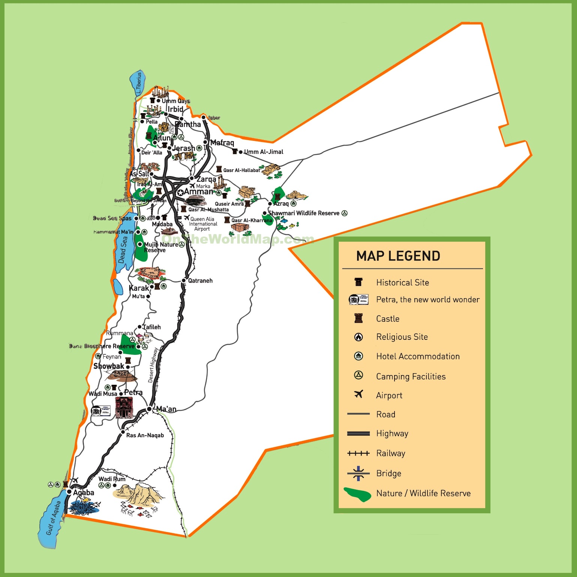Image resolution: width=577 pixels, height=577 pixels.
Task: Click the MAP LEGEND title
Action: click(398, 256)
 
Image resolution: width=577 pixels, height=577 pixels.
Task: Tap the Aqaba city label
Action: click(84, 493)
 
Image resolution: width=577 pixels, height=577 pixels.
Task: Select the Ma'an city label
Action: click(166, 409)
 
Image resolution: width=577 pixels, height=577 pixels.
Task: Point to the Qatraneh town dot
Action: click(184, 281)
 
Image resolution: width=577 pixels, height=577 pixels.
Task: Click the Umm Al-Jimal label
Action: click(264, 152)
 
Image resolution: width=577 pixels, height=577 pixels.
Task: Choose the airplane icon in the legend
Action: click(359, 394)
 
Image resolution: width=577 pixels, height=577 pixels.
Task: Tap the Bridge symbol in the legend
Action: click(359, 474)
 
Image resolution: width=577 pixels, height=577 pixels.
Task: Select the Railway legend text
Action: click(391, 453)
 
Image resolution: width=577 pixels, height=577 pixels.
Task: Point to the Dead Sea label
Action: click(123, 250)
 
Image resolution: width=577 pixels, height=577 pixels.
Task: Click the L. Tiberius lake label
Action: click(139, 83)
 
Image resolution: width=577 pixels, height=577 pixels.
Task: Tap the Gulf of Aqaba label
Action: click(53, 518)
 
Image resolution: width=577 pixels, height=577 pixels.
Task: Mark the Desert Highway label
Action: click(152, 365)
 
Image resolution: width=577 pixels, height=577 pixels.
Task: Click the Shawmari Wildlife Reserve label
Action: click(304, 213)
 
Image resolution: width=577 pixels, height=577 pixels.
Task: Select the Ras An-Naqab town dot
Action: click(123, 432)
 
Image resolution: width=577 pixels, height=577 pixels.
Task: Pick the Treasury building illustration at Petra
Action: click(124, 408)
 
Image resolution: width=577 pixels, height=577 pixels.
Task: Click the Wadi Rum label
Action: click(112, 479)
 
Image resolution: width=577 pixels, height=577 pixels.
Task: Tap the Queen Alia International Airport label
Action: click(203, 224)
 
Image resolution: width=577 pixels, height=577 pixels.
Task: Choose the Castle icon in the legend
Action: click(359, 318)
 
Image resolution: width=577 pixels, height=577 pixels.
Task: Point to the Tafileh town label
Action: click(152, 327)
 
